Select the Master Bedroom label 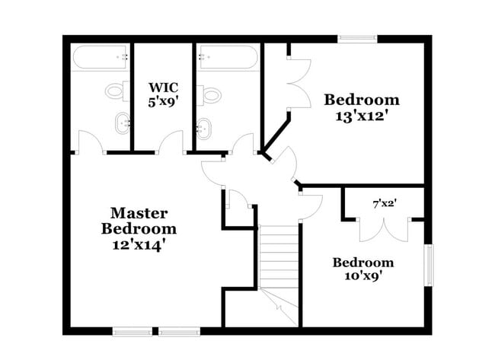(139, 221)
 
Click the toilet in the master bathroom (115, 91)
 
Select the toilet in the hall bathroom (210, 94)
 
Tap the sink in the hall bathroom (204, 127)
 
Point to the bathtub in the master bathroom (101, 57)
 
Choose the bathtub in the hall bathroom (228, 56)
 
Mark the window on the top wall (357, 38)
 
